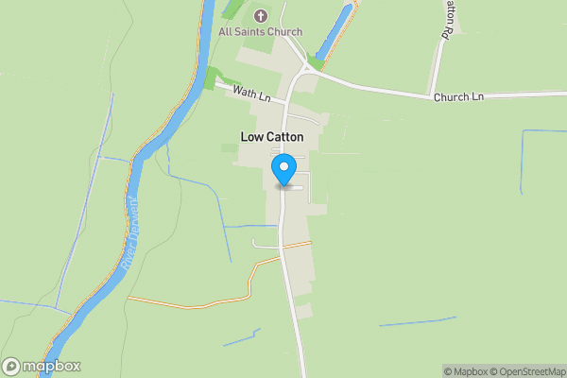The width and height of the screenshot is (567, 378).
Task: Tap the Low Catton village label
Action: pyautogui.click(x=271, y=137)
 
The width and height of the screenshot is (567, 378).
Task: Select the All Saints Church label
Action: pyautogui.click(x=261, y=32)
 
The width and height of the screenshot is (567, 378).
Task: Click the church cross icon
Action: pyautogui.click(x=261, y=15)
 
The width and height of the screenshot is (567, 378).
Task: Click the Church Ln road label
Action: pyautogui.click(x=458, y=96)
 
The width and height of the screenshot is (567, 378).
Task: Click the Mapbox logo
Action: pyautogui.click(x=42, y=367)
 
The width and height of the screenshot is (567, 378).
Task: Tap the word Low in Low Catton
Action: pyautogui.click(x=250, y=137)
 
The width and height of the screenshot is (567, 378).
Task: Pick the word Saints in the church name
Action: pyautogui.click(x=255, y=32)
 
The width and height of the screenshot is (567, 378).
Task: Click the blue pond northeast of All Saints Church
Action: pyautogui.click(x=338, y=29)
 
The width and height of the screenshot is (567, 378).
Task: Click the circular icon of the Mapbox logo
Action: pyautogui.click(x=11, y=367)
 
